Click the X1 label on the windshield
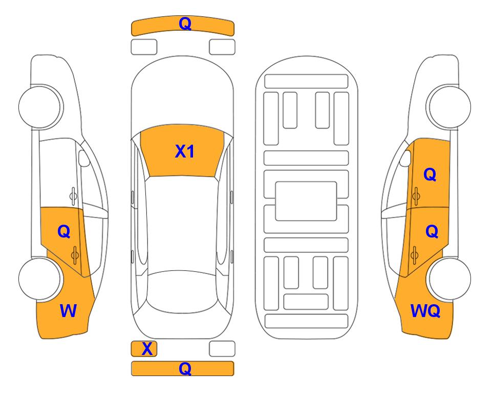tap(185, 151)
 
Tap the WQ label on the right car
tap(425, 311)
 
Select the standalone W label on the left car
tap(68, 311)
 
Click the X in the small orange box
tap(147, 349)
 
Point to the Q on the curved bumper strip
tap(185, 23)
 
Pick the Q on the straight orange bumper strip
tap(185, 368)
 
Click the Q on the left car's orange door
tap(64, 232)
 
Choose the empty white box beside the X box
tap(222, 349)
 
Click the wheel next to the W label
tap(39, 279)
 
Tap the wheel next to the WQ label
tap(449, 279)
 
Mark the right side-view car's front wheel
tap(449, 107)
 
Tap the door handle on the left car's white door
tap(73, 196)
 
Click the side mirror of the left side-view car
tap(83, 158)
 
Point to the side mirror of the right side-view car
tap(405, 158)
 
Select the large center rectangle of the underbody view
tap(306, 201)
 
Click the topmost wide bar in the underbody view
tap(306, 81)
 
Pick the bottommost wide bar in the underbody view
tap(306, 321)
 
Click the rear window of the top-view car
tap(182, 291)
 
